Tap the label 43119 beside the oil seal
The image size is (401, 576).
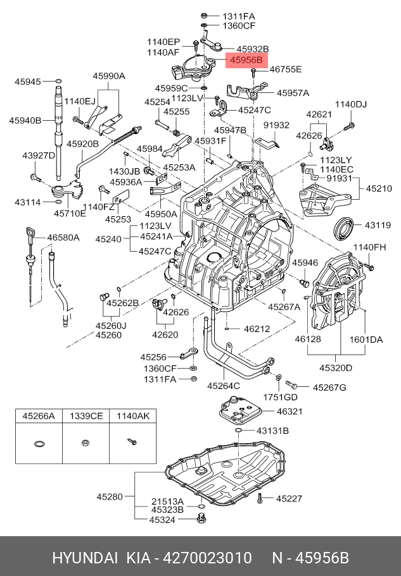click(x=377, y=224)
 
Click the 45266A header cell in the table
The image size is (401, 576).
click(x=39, y=416)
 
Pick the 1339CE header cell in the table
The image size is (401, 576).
click(x=86, y=416)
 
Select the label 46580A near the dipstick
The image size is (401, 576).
click(x=63, y=238)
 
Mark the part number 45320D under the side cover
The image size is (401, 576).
click(x=336, y=367)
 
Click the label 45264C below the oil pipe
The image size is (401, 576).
click(x=224, y=386)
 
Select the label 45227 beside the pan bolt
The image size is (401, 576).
click(x=289, y=498)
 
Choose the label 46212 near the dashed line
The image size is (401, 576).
click(x=257, y=329)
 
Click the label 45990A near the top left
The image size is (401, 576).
click(x=109, y=76)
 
